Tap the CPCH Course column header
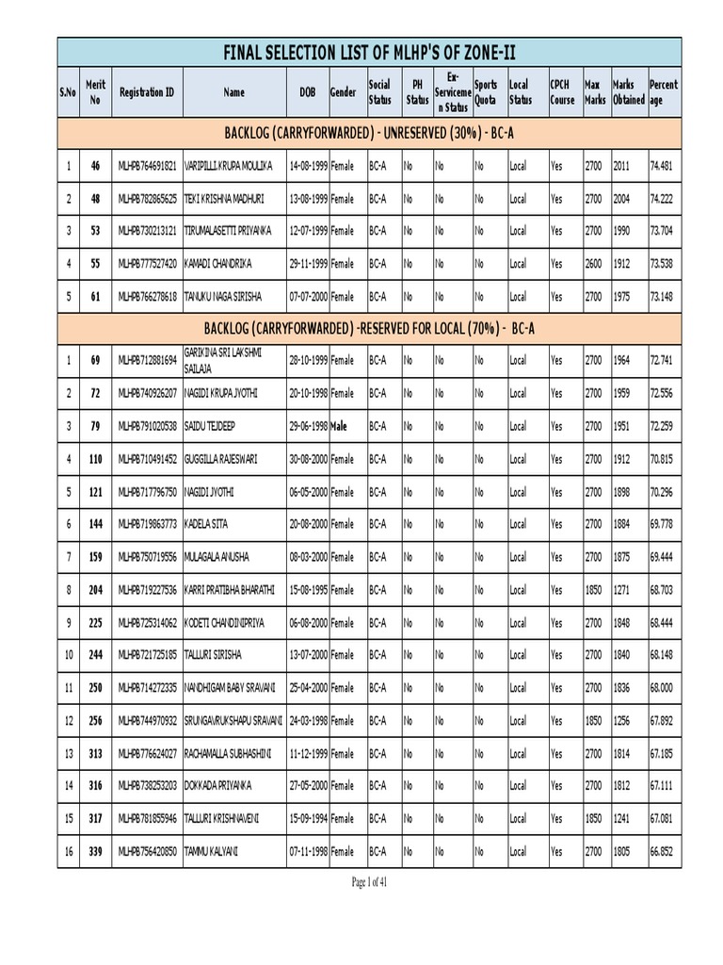[x=562, y=92]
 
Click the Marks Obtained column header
[x=627, y=92]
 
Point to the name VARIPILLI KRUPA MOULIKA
[x=228, y=166]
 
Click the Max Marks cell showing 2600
[x=594, y=263]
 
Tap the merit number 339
[x=95, y=852]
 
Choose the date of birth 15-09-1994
[x=307, y=820]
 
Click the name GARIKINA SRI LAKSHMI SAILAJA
[x=230, y=361]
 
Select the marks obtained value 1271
[x=622, y=590]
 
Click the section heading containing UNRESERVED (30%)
[x=368, y=131]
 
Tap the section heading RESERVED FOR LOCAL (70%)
[x=368, y=327]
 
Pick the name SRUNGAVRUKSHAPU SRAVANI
[x=233, y=721]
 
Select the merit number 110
[x=95, y=459]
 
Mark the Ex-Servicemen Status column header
[x=452, y=92]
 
